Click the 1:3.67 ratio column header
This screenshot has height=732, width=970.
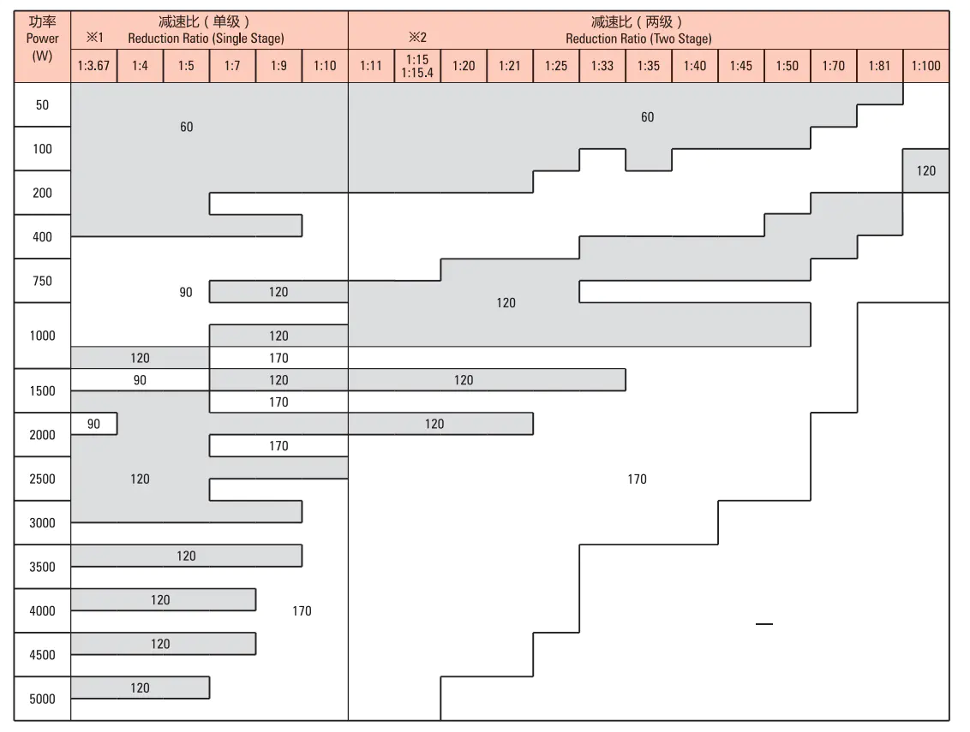[x=93, y=66]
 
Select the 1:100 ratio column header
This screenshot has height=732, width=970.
[x=925, y=66]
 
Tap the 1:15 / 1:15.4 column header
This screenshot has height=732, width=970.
[x=417, y=66]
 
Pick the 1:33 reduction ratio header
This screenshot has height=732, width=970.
[x=602, y=66]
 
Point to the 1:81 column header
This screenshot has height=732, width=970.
[x=879, y=66]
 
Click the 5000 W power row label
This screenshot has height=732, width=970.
[x=42, y=699]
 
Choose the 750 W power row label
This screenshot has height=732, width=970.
[x=42, y=281]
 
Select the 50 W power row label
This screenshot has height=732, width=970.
[x=42, y=105]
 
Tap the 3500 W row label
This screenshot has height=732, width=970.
[x=42, y=567]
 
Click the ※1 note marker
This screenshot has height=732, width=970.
[x=93, y=38]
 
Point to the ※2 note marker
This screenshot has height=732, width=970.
[x=417, y=38]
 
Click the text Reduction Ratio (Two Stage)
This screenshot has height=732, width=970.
[x=638, y=39]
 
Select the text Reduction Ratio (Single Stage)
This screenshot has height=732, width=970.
[x=206, y=39]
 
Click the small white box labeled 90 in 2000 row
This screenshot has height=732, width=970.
[x=93, y=424]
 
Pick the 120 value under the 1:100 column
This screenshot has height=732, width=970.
[x=926, y=170]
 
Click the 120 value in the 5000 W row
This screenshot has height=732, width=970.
[x=140, y=687]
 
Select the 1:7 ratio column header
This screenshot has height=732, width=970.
[x=232, y=66]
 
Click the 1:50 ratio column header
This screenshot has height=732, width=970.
[x=787, y=66]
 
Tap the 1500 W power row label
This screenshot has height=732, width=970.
[x=42, y=391]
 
